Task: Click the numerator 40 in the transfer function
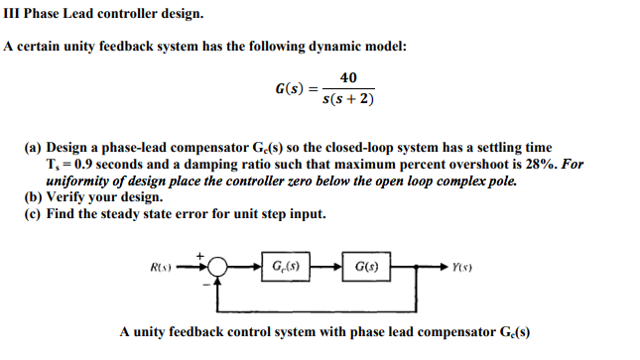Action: coord(348,78)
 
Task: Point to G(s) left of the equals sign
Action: coord(289,89)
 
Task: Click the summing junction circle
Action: coord(217,267)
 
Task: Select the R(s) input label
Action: coord(162,267)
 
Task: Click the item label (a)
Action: coord(34,147)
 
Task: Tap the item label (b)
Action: coord(34,196)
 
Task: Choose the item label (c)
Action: coord(34,213)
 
